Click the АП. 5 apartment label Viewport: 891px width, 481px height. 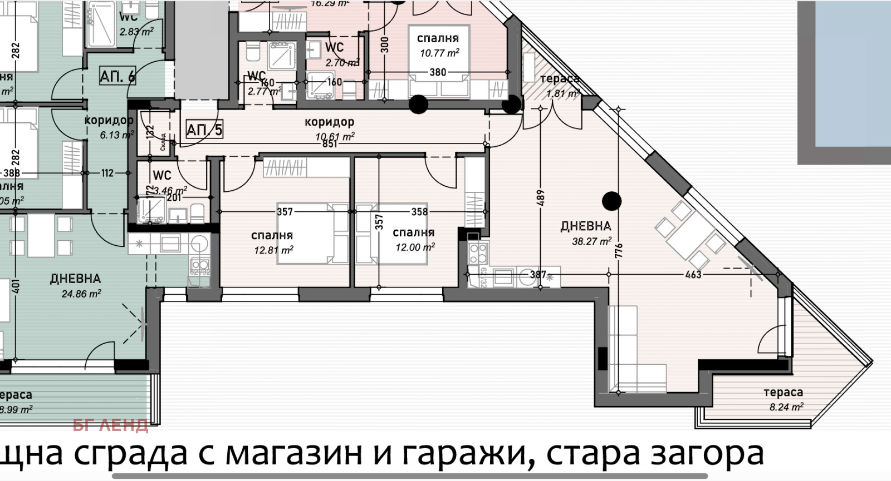tap(204, 130)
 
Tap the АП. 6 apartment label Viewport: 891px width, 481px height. tap(117, 76)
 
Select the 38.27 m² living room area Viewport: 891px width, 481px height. tap(591, 241)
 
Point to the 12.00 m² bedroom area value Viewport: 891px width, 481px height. tap(415, 247)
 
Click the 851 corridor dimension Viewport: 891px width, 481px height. tap(330, 144)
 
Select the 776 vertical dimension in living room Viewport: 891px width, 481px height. tap(618, 250)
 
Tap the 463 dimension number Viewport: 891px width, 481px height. tap(693, 274)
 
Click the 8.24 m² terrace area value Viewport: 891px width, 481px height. tap(786, 407)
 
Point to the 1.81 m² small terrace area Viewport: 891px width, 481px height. tap(563, 93)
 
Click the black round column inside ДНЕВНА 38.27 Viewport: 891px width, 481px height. tap(612, 201)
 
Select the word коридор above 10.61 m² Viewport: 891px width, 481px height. tap(329, 122)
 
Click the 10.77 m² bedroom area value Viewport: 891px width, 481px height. tap(439, 53)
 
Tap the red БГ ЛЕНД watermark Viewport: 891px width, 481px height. tap(110, 426)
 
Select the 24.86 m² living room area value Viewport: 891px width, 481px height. tap(81, 294)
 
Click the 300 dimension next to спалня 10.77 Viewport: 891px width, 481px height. tap(384, 44)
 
